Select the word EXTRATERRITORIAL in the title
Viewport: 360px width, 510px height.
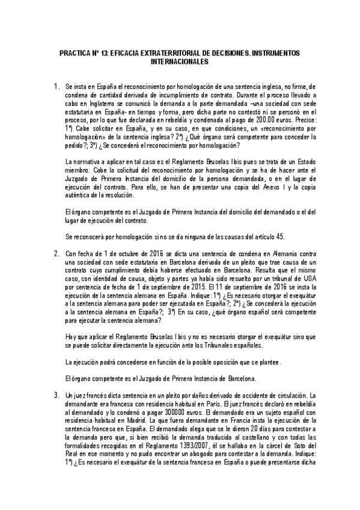[x=164, y=54]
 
